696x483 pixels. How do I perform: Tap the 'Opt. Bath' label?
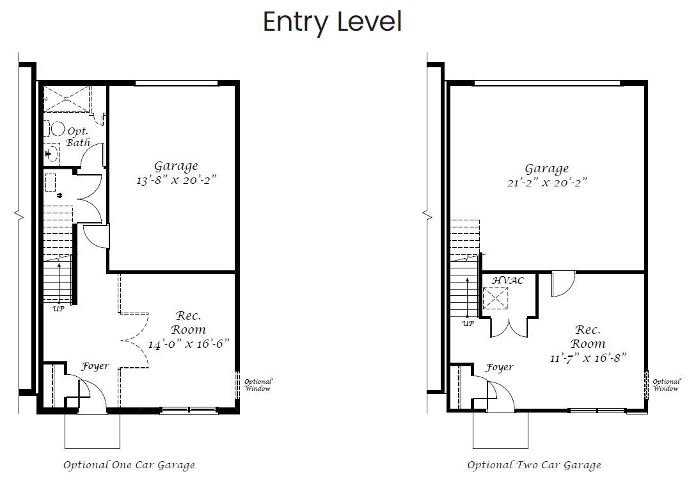point(78,137)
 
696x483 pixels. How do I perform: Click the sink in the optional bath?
point(52,153)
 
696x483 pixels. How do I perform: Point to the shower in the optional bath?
point(67,99)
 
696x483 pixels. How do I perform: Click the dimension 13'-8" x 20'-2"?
point(176,181)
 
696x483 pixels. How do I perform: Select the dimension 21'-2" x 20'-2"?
point(548,183)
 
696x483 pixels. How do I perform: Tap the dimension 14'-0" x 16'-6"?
point(189,344)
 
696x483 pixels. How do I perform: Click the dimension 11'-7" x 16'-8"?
point(588,357)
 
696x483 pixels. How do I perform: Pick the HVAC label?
point(508,281)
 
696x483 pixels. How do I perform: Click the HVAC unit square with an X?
point(495,298)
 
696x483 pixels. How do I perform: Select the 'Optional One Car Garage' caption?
point(129,465)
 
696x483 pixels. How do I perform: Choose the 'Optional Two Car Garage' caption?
point(534,465)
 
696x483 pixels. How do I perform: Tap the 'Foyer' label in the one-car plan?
point(95,366)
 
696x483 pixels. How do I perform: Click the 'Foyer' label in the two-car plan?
point(500,368)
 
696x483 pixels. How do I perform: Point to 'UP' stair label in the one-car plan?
point(59,309)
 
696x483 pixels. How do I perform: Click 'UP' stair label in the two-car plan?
point(468,323)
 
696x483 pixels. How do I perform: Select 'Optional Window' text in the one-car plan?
point(258,385)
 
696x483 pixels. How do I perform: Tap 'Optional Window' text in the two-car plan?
point(667,385)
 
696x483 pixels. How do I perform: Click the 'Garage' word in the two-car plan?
point(547,169)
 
